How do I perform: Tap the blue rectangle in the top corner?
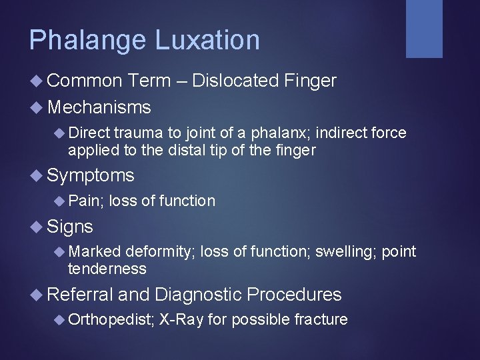click(x=425, y=28)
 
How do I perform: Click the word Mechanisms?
click(x=99, y=107)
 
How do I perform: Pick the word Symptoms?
click(x=91, y=176)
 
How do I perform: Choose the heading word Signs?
click(x=70, y=227)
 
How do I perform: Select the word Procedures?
click(x=294, y=295)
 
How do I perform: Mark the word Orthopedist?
click(x=111, y=320)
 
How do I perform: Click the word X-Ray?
click(x=181, y=319)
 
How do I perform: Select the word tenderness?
click(x=107, y=269)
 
